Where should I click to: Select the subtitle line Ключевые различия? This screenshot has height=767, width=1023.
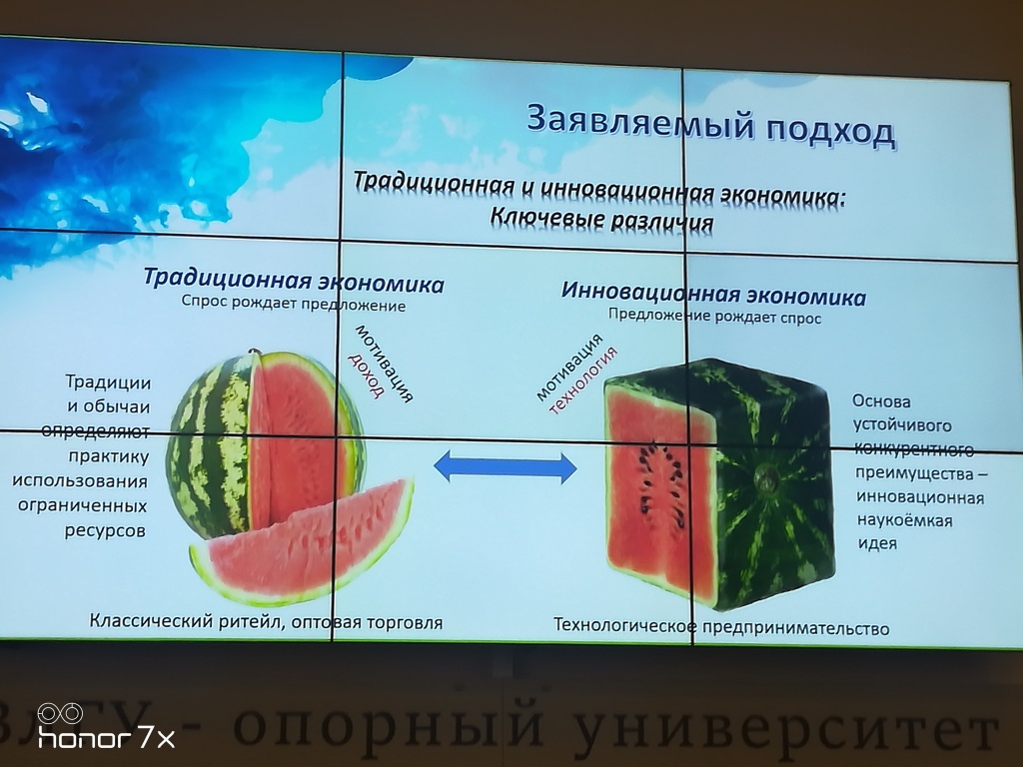601,219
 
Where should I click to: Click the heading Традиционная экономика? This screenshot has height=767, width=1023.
294,282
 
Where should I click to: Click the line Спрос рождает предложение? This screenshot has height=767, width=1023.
294,304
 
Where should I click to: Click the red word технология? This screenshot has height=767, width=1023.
582,381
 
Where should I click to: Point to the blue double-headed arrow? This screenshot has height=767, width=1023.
505,467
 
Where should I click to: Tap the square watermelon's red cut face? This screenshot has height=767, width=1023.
659,492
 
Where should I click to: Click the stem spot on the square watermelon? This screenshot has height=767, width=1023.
764,478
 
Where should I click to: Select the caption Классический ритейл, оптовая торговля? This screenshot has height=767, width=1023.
266,621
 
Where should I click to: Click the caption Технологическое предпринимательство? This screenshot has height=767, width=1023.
721,627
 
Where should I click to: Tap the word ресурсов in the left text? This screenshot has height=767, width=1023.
104,529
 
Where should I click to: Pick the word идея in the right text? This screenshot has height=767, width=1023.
877,543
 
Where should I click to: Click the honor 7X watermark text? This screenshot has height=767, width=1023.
106,738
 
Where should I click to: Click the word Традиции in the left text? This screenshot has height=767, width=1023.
108,382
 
